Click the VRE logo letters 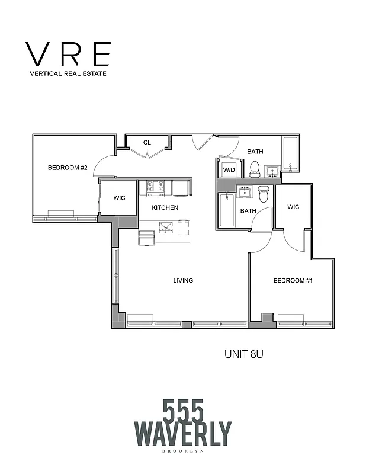pyautogui.click(x=68, y=55)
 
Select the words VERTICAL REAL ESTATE pyautogui.click(x=68, y=75)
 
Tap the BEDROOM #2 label pyautogui.click(x=68, y=168)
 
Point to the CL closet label pyautogui.click(x=147, y=142)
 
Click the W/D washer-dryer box pyautogui.click(x=228, y=170)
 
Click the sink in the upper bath pyautogui.click(x=273, y=171)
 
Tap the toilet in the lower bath pyautogui.click(x=264, y=193)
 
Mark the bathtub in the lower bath pyautogui.click(x=227, y=210)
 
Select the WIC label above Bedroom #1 pyautogui.click(x=293, y=207)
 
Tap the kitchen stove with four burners pyautogui.click(x=155, y=188)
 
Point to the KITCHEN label pyautogui.click(x=165, y=207)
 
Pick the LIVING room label pyautogui.click(x=183, y=280)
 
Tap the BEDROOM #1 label pyautogui.click(x=293, y=280)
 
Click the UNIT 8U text pyautogui.click(x=247, y=355)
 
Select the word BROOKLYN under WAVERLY pyautogui.click(x=183, y=451)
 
